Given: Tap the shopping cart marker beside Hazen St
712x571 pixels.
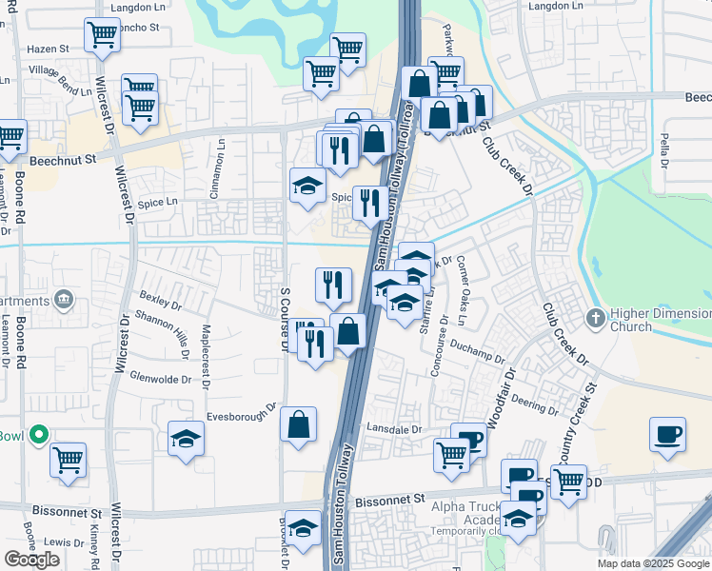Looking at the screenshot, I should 102,35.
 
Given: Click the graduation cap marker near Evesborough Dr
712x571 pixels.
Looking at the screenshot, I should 187,439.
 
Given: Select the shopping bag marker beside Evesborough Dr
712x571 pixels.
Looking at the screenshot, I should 298,424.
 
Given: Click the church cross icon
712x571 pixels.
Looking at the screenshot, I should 596,317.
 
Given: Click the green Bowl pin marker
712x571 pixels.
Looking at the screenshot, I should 38,436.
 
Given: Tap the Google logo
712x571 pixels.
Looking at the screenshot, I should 32,559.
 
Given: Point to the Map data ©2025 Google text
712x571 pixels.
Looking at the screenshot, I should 653,563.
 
